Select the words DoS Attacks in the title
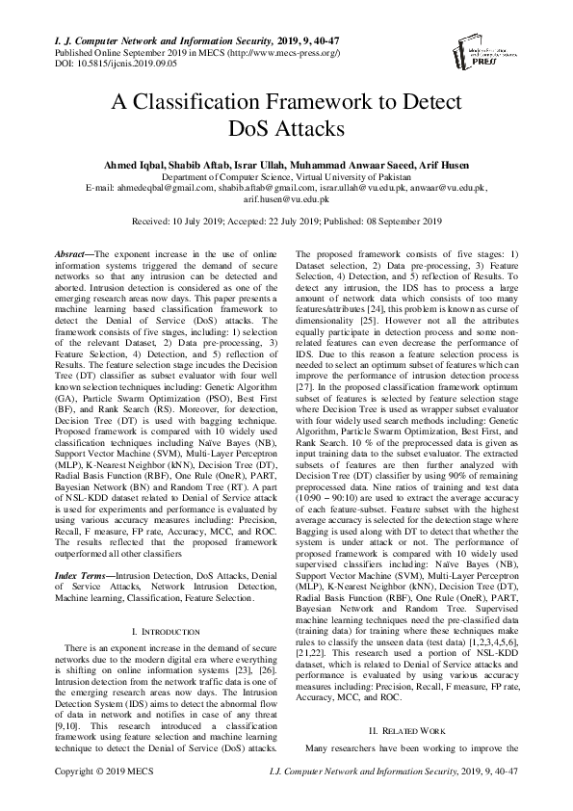[x=287, y=127]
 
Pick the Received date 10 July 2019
[x=200, y=221]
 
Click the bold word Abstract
[x=71, y=251]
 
